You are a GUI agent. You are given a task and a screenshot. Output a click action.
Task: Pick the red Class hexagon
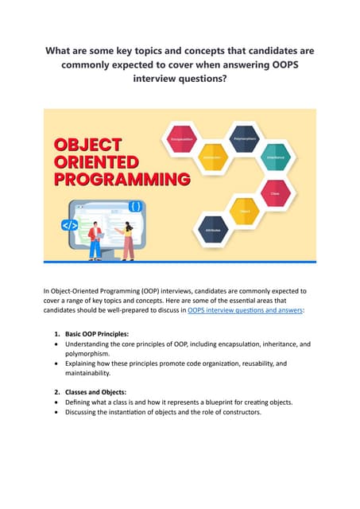275,192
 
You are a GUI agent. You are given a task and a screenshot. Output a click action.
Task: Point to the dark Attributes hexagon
212,228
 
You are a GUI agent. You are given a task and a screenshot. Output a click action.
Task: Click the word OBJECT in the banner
87,145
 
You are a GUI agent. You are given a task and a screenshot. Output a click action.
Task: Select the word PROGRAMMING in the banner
122,177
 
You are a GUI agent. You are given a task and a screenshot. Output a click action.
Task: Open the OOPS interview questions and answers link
245,312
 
